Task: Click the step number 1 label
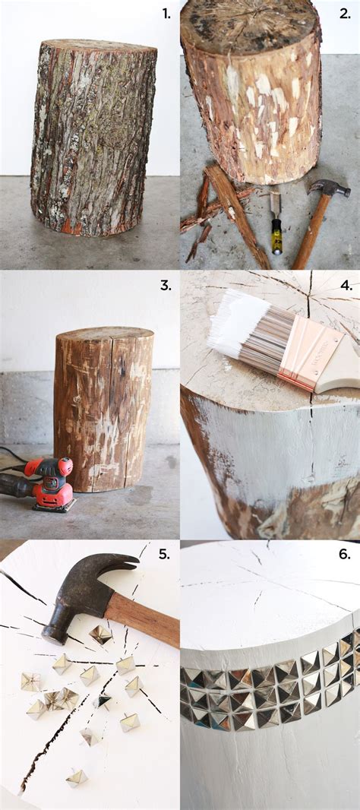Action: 166,13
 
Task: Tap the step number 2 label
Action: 344,13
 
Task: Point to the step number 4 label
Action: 345,286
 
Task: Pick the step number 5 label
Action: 164,554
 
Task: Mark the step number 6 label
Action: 344,554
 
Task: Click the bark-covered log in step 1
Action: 93,137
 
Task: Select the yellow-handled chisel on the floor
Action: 276,224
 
